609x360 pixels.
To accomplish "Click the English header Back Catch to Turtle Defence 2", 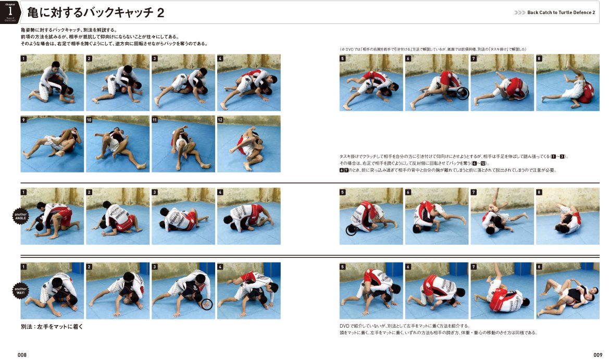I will [561, 13].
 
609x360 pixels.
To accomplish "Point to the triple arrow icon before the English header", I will [519, 13].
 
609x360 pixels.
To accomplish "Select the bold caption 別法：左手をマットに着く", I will [52, 327].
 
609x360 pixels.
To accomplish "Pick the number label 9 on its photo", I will [24, 120].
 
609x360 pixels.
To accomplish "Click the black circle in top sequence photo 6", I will [462, 93].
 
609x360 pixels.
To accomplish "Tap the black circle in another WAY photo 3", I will [207, 304].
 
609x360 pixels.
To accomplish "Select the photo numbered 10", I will [118, 144].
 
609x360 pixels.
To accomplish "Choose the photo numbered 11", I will [183, 144].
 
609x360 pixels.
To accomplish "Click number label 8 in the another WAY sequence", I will [540, 267].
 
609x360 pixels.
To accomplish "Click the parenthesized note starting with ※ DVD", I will [433, 49].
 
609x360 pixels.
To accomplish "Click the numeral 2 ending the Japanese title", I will [160, 13].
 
